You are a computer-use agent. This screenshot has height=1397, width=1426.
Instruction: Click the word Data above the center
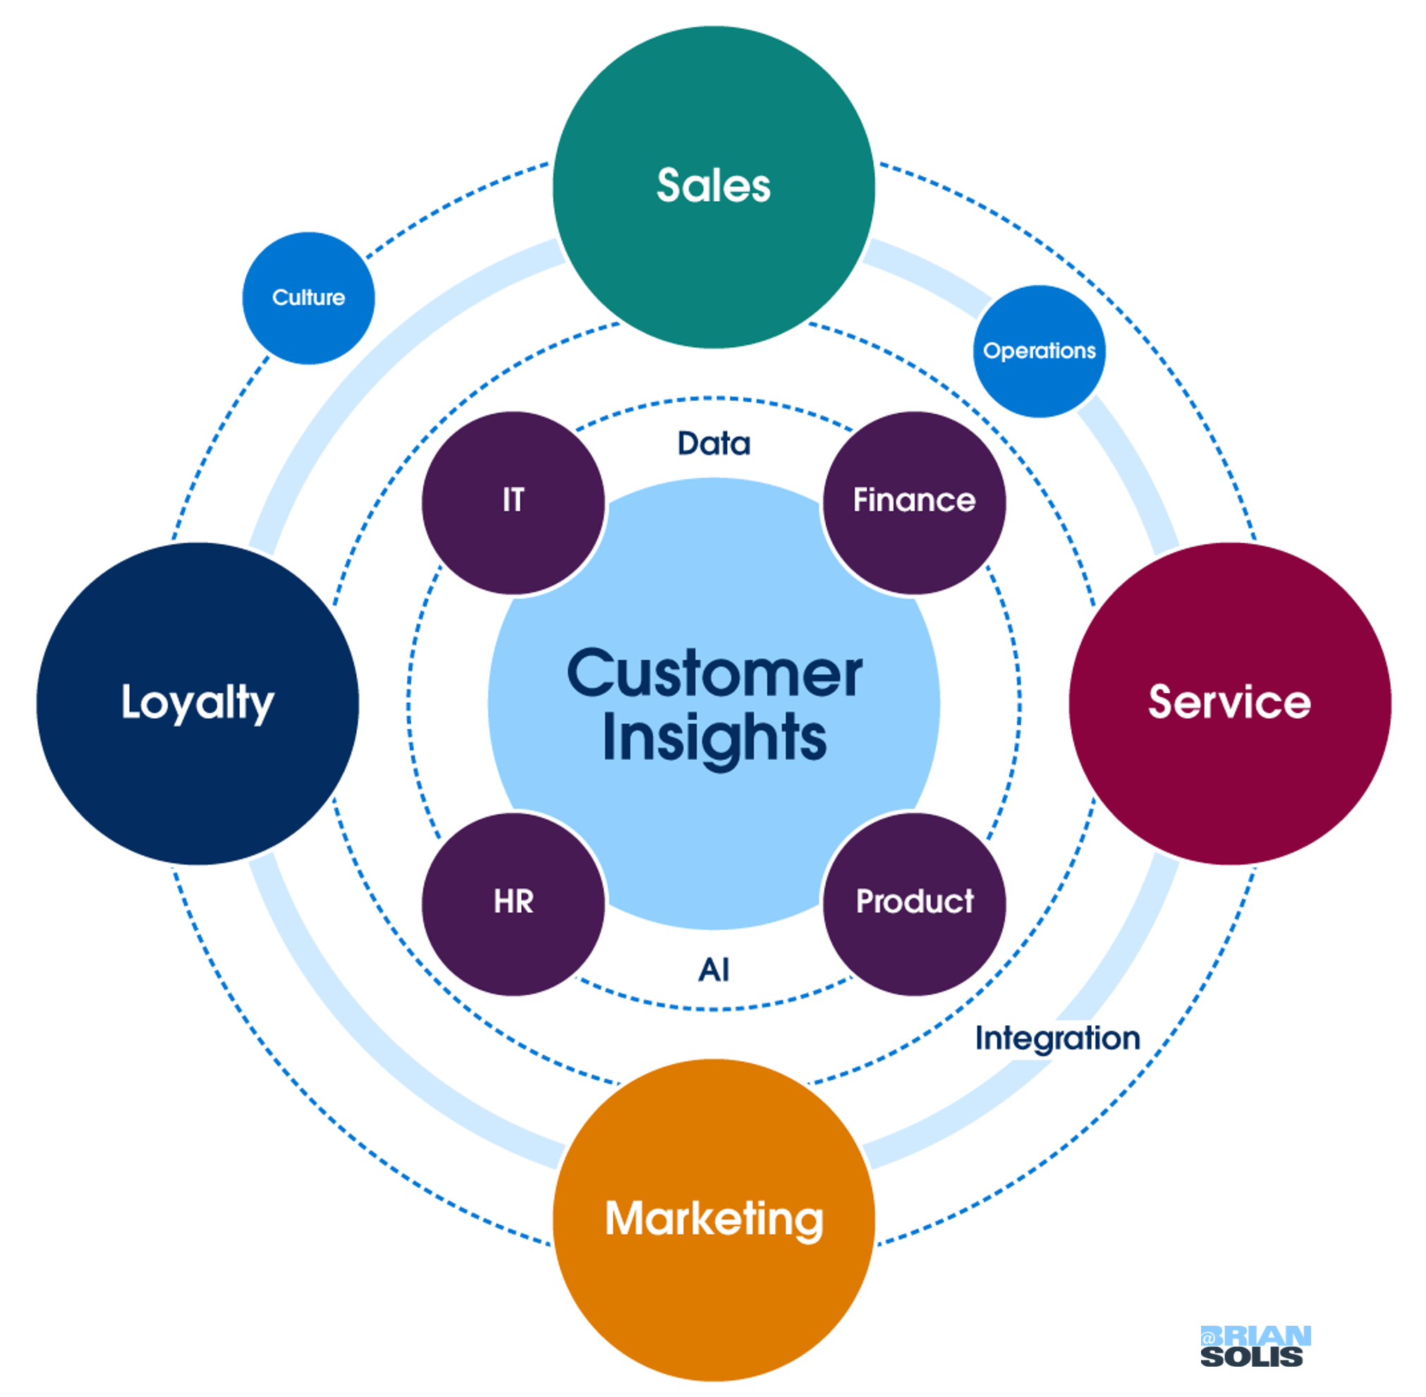pyautogui.click(x=713, y=443)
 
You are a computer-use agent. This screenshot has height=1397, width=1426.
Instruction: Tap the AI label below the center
pyautogui.click(x=713, y=970)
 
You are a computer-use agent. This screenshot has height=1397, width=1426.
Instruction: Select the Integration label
pyautogui.click(x=1057, y=1038)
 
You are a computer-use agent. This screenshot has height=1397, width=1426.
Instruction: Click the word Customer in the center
pyautogui.click(x=714, y=674)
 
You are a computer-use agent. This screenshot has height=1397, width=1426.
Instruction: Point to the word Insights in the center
pyautogui.click(x=714, y=737)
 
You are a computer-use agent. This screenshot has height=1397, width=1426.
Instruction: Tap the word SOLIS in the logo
pyautogui.click(x=1251, y=1357)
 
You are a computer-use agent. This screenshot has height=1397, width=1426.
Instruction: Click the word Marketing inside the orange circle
pyautogui.click(x=714, y=1218)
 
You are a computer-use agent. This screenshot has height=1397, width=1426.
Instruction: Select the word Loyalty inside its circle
pyautogui.click(x=197, y=702)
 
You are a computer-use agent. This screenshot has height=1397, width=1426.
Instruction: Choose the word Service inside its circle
pyautogui.click(x=1229, y=702)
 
